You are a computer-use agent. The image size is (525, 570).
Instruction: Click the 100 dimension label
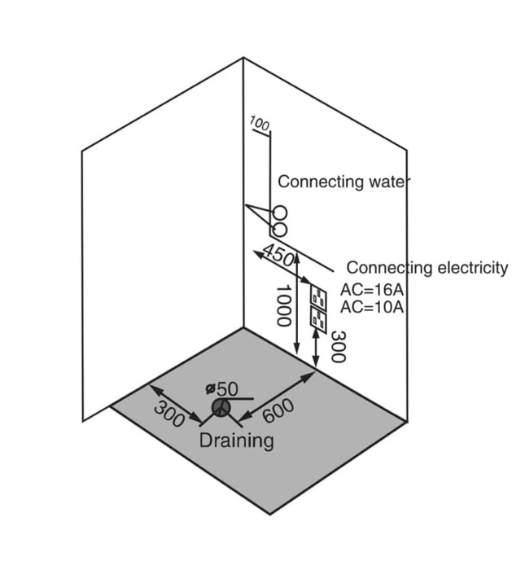(260, 124)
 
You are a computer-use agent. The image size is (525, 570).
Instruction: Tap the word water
(387, 181)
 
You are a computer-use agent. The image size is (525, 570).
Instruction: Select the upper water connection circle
(280, 212)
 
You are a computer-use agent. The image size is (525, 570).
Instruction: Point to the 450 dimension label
(278, 256)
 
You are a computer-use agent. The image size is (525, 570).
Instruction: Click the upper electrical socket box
(317, 297)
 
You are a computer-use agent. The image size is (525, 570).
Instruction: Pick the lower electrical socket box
(317, 318)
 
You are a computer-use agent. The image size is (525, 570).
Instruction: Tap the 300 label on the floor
(170, 413)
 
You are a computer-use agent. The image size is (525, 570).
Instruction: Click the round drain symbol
(220, 407)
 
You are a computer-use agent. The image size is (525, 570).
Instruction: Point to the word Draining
(237, 441)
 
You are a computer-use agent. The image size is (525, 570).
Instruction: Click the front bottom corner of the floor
(271, 513)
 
